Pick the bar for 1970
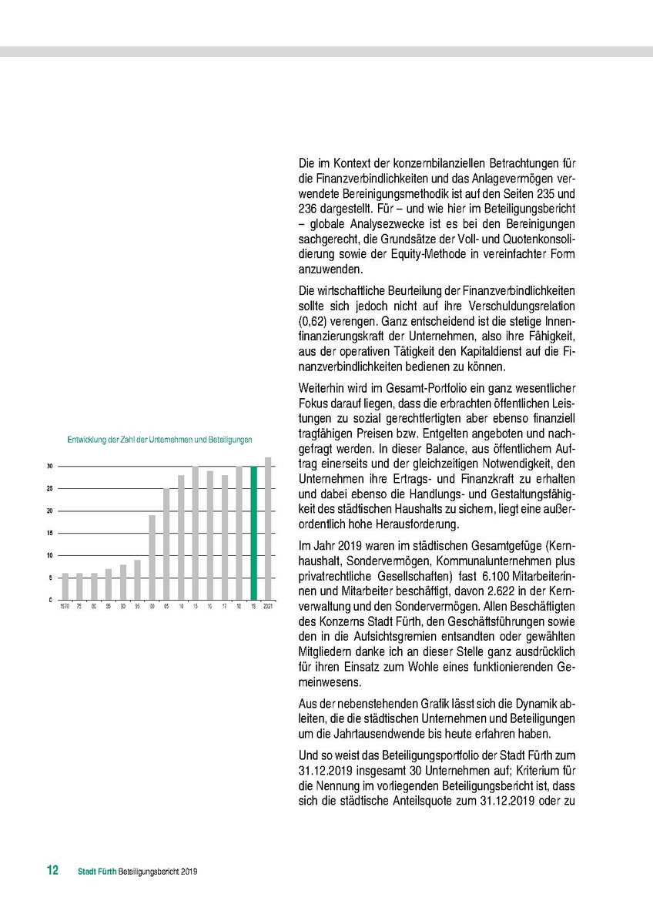pyautogui.click(x=65, y=586)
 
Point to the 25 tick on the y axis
pyautogui.click(x=50, y=488)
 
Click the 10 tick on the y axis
pyautogui.click(x=50, y=555)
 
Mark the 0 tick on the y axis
pyautogui.click(x=52, y=599)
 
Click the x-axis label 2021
pyautogui.click(x=268, y=607)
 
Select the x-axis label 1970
pyautogui.click(x=65, y=607)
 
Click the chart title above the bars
pyautogui.click(x=160, y=440)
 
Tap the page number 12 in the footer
pyautogui.click(x=52, y=871)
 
